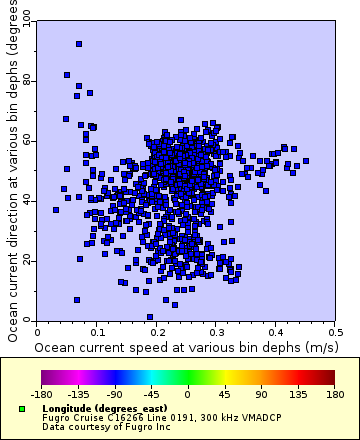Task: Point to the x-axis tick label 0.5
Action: [335, 331]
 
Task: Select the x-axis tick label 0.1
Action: [97, 331]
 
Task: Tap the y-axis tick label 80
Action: [27, 80]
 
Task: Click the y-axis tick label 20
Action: [27, 260]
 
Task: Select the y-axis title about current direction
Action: [12, 170]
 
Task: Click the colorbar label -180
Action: [41, 394]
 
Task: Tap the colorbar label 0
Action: [188, 394]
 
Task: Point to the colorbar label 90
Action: [261, 394]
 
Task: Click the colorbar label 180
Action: [334, 394]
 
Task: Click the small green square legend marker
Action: [21, 409]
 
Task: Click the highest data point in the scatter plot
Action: [78, 44]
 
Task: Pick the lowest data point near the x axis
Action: [150, 317]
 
